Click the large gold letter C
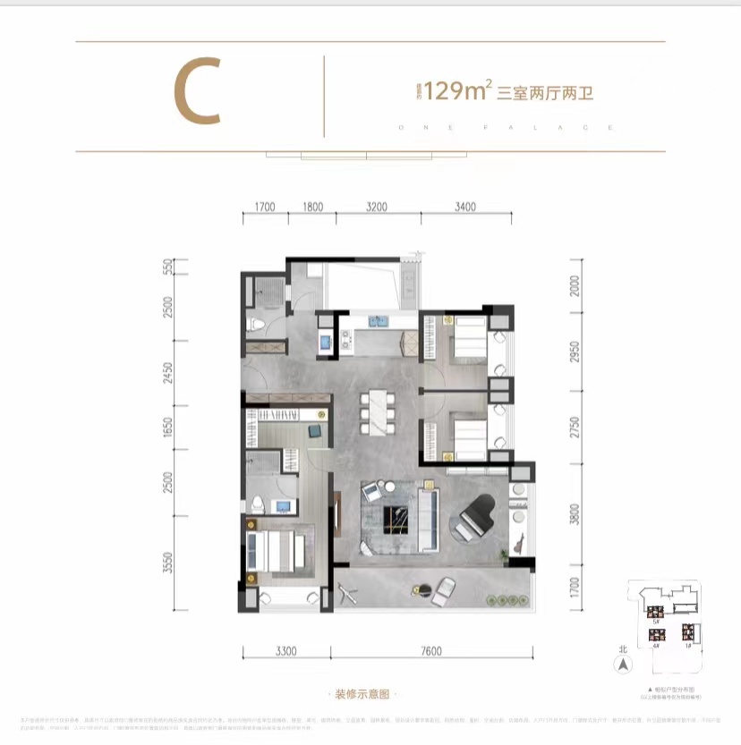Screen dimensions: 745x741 coord(197,92)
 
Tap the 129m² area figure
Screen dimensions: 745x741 coord(456,90)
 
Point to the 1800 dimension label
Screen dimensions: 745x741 coord(312,207)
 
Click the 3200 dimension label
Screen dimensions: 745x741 coord(377,207)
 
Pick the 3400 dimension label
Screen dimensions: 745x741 coord(465,207)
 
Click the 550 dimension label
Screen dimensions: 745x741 coord(167,267)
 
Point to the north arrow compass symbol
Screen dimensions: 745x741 coord(618,665)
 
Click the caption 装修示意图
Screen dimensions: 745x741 coord(362,694)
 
